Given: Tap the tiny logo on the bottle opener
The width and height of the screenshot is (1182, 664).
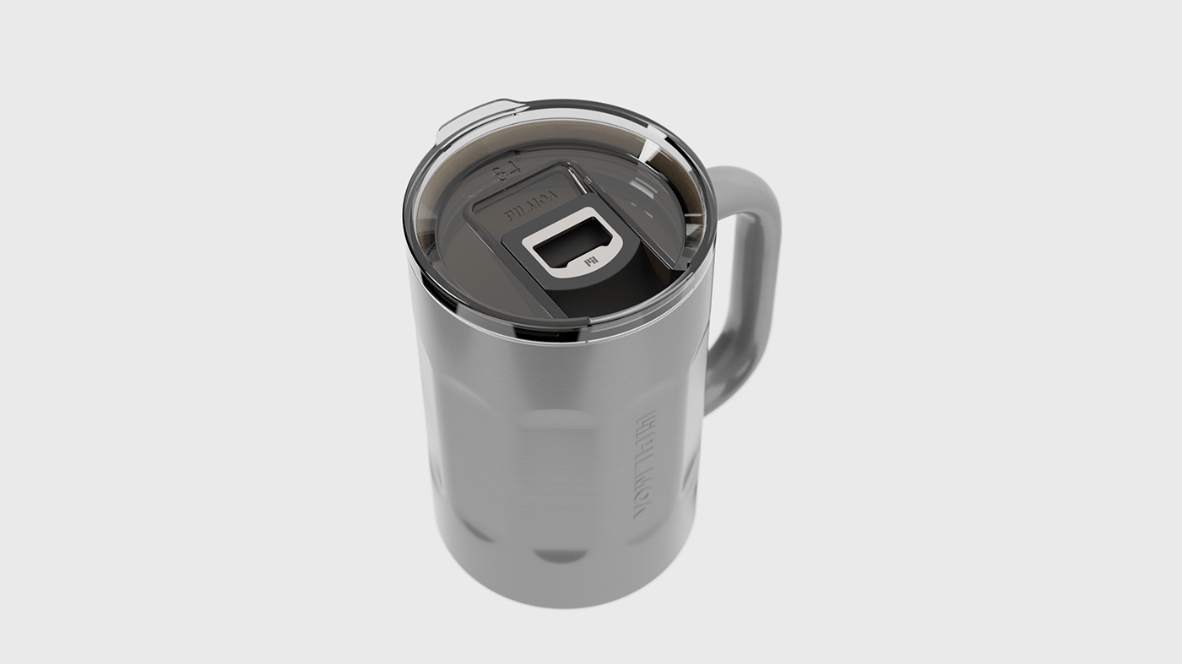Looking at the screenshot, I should click(590, 262).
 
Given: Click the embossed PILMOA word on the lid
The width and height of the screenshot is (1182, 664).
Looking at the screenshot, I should click(531, 205).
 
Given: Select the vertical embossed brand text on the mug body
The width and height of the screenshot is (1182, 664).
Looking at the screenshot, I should click(645, 463).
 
